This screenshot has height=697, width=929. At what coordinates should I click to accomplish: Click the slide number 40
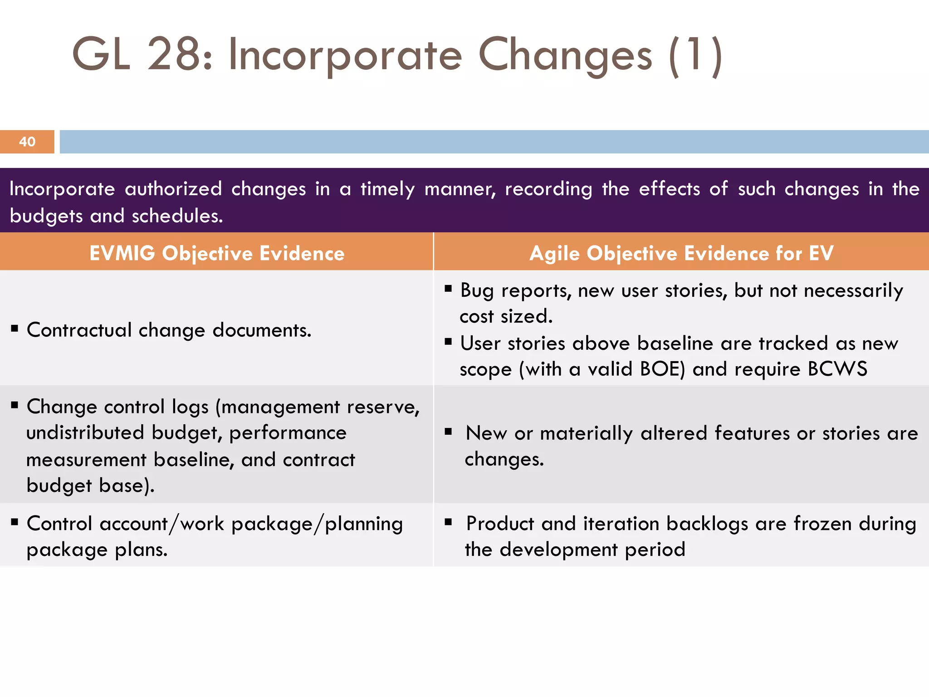[x=27, y=142]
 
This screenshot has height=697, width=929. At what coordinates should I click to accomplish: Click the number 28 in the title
[x=174, y=55]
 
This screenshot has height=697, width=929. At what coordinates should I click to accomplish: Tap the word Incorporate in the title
[x=345, y=56]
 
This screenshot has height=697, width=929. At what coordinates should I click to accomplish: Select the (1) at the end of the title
[x=695, y=56]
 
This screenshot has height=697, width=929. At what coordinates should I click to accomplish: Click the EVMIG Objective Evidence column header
[x=217, y=253]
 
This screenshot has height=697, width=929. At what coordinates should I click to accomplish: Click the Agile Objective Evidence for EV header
[x=681, y=253]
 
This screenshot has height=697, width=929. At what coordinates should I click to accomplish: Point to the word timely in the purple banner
[x=387, y=189]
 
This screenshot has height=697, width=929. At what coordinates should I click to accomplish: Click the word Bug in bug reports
[x=477, y=291]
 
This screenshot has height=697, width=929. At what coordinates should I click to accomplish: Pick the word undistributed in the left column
[x=85, y=432]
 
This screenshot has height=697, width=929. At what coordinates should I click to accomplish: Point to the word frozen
[x=822, y=524]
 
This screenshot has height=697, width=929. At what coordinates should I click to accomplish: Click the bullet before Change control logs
[x=15, y=405]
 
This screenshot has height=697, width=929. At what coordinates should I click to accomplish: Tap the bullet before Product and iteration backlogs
[x=448, y=522]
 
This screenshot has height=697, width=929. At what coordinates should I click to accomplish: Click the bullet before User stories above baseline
[x=448, y=342]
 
